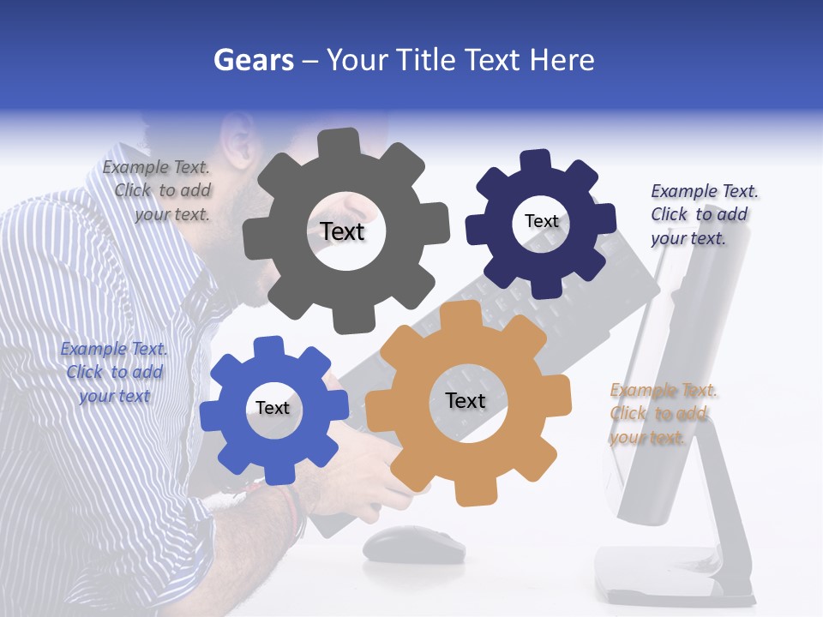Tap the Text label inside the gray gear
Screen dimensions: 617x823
coord(342,231)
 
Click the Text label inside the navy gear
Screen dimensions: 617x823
coord(541,221)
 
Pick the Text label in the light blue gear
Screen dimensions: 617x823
coord(273,408)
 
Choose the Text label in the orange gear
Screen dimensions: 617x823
coord(466,400)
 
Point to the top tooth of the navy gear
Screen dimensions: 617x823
coord(536,162)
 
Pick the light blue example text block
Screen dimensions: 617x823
coord(114,372)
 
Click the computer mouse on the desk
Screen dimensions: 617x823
coord(412,544)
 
